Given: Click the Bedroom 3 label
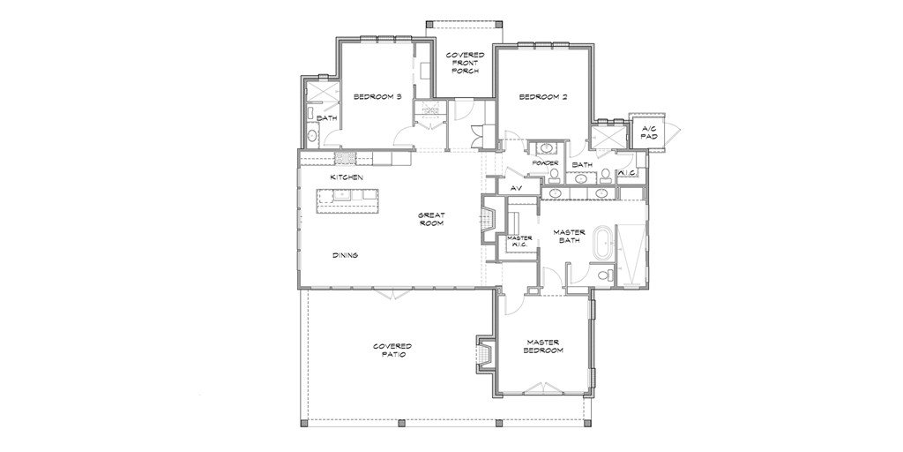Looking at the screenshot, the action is [x=377, y=97].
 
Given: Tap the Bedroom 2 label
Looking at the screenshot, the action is [x=543, y=97].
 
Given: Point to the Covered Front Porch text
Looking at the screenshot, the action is [x=466, y=63].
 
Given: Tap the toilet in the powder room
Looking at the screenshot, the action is [x=554, y=173].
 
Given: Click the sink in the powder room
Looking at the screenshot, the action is [x=545, y=149].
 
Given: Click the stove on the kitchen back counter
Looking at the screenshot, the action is [x=345, y=157].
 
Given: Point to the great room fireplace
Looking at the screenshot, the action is [x=487, y=219].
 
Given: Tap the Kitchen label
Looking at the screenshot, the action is [x=347, y=177].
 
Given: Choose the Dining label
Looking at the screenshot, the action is [x=346, y=255].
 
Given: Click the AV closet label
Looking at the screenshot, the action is [x=517, y=188].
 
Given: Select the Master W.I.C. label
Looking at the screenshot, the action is [x=519, y=241].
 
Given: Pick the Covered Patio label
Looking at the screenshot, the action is [x=392, y=350].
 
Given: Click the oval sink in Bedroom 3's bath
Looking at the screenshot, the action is [x=311, y=136].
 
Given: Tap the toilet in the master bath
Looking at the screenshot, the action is [x=602, y=275].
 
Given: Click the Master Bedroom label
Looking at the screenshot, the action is [x=543, y=346].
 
